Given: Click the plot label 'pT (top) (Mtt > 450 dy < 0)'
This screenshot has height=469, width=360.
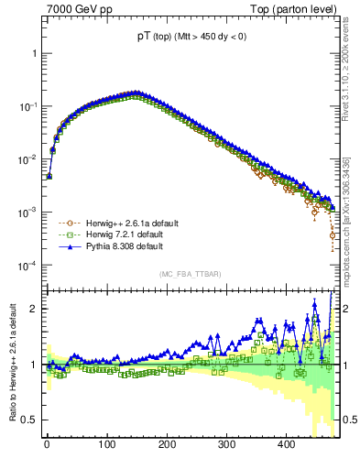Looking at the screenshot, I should click(x=191, y=38).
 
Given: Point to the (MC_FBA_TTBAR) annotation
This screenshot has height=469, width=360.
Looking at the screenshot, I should click(x=191, y=275).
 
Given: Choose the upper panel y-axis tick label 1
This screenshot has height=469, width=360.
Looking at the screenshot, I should click(x=33, y=53).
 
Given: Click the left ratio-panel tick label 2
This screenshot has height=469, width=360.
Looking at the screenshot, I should click(x=33, y=309).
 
